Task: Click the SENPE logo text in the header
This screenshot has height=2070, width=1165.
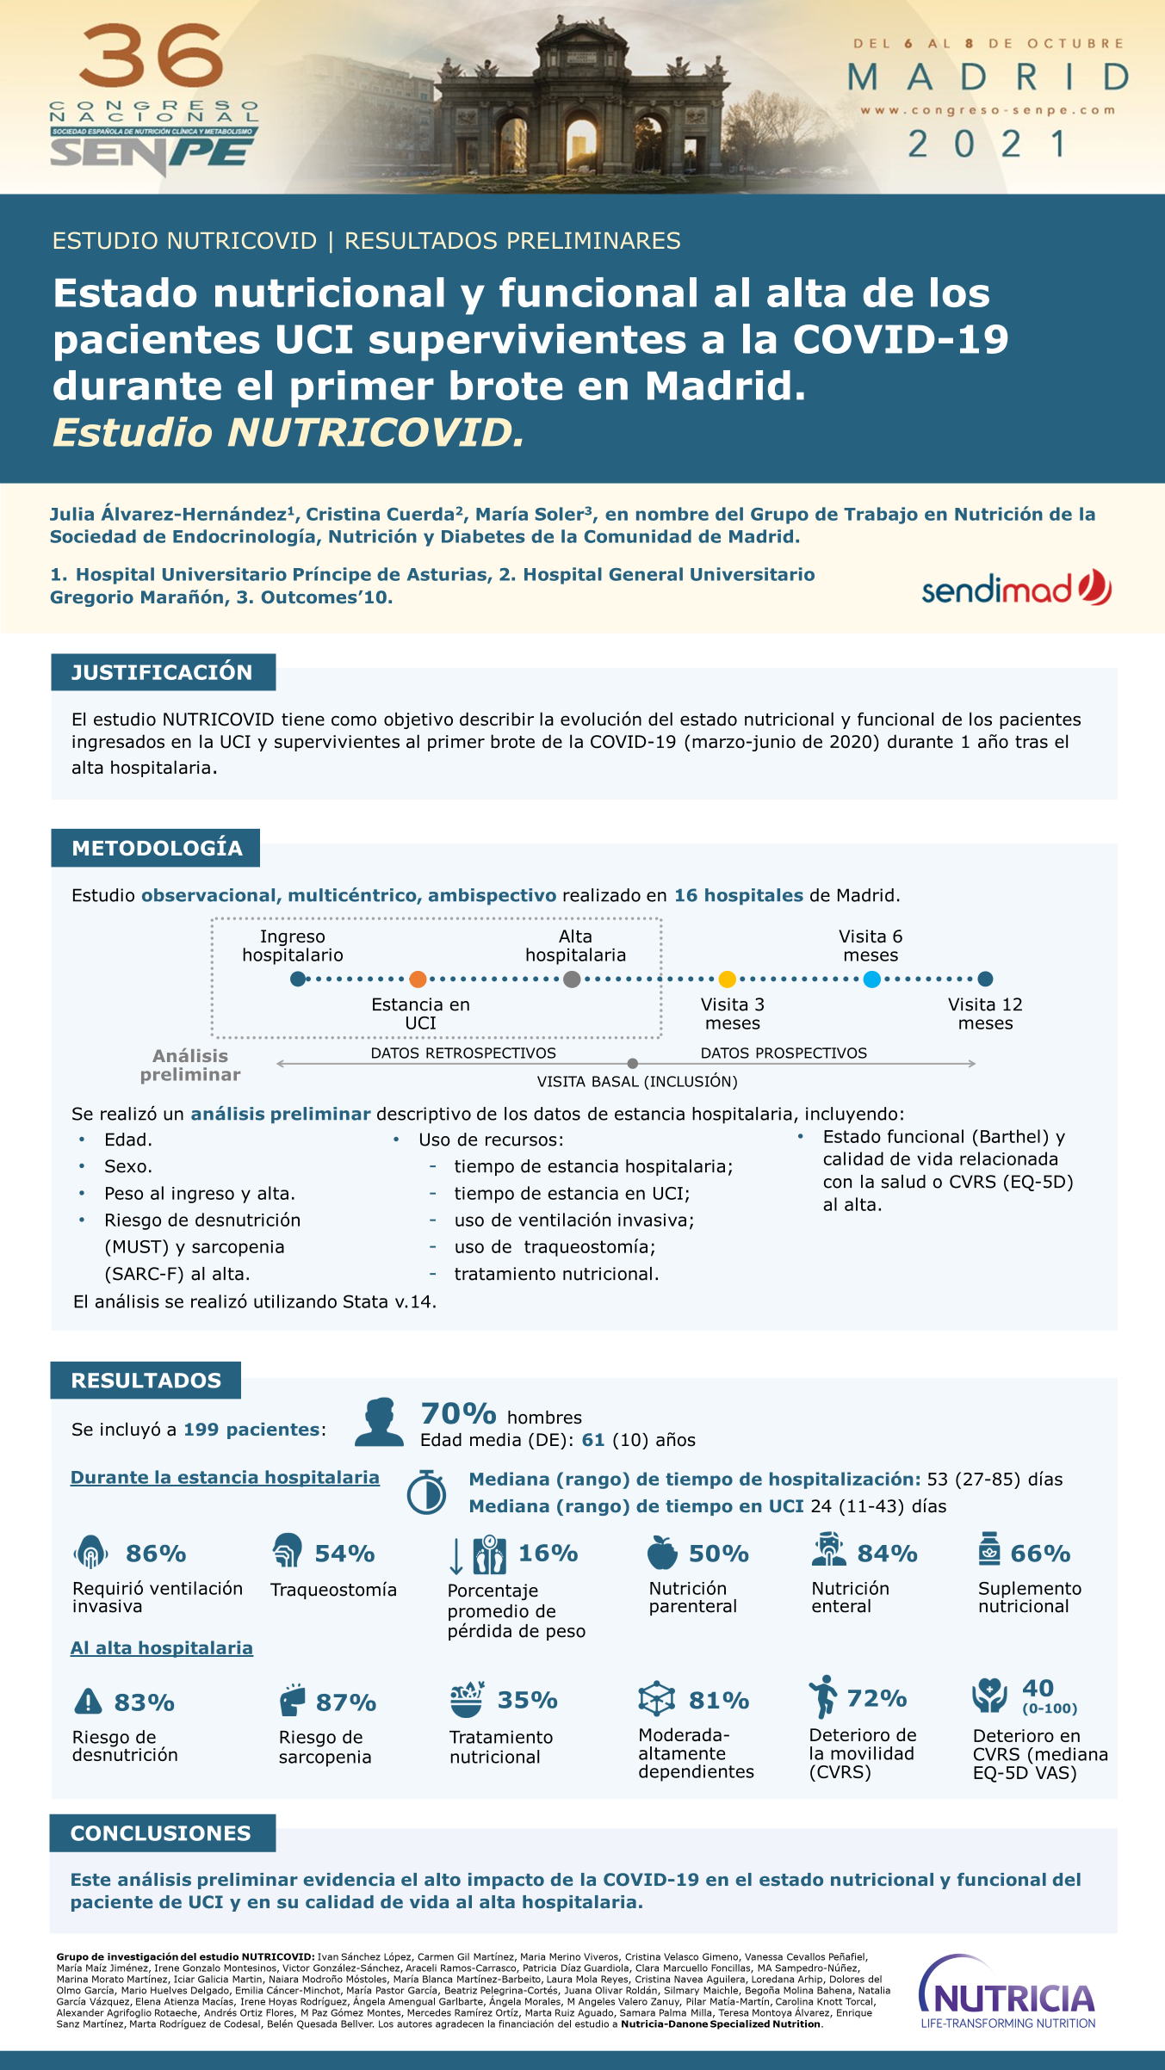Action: (x=152, y=153)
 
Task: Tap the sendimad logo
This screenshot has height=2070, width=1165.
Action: (x=1016, y=588)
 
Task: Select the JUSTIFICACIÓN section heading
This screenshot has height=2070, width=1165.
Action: (x=163, y=672)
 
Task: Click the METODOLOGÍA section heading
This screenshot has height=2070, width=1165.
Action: (x=156, y=848)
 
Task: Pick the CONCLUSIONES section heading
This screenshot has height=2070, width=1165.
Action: (x=162, y=1833)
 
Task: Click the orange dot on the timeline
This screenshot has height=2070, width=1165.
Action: (x=418, y=979)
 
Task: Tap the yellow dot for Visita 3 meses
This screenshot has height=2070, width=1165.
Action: (x=727, y=979)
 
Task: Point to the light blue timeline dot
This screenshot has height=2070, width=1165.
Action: (x=871, y=979)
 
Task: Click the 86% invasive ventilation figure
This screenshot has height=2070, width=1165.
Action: (x=156, y=1554)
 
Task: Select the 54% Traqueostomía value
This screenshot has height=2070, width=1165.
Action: (x=344, y=1554)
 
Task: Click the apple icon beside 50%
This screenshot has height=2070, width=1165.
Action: (x=661, y=1553)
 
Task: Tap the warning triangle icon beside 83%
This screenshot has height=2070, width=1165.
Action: (x=88, y=1702)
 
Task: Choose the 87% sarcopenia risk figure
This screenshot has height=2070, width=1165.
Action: (x=346, y=1702)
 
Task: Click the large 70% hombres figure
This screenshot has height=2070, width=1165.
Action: (x=458, y=1414)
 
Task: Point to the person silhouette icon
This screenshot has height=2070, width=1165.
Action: (x=379, y=1422)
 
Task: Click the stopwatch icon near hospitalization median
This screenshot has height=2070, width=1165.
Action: (x=426, y=1492)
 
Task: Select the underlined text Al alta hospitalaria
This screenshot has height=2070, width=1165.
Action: (x=162, y=1648)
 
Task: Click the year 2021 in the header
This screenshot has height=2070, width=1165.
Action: (x=988, y=144)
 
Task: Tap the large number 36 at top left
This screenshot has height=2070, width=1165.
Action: (x=152, y=55)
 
